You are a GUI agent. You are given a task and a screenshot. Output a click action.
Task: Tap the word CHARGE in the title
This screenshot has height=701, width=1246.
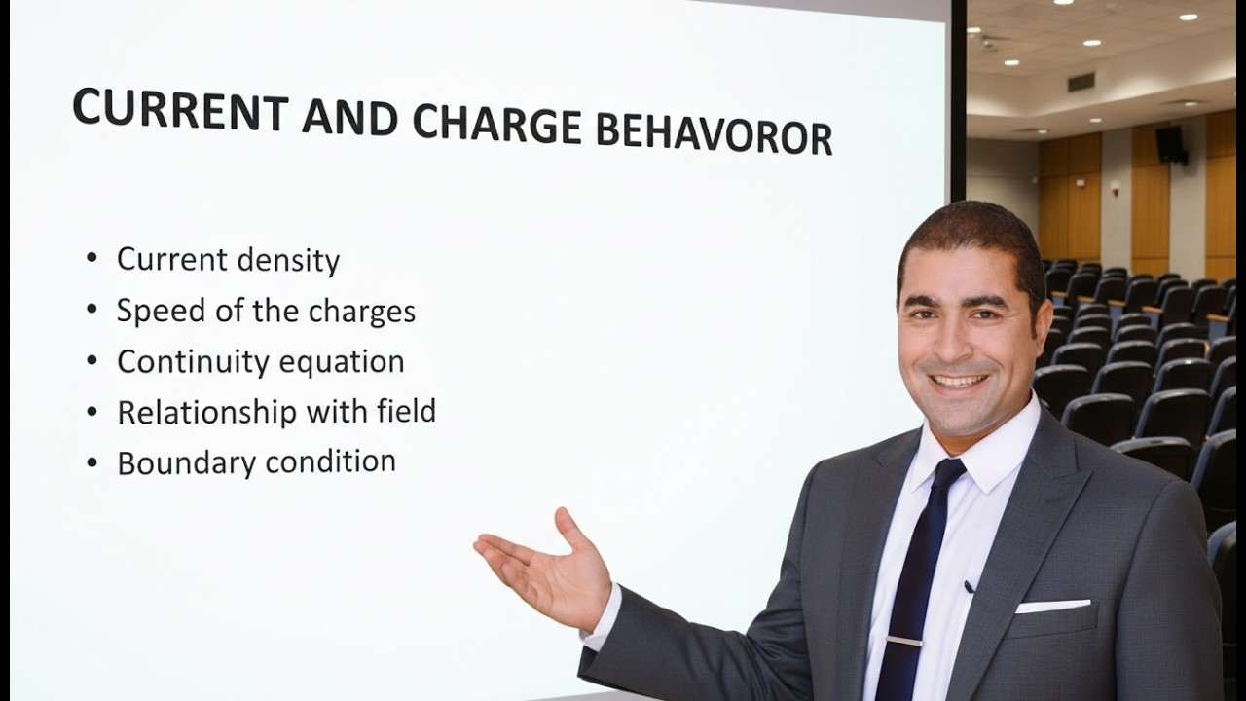tap(496, 124)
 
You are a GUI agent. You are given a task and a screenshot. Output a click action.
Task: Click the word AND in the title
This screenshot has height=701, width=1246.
tap(349, 118)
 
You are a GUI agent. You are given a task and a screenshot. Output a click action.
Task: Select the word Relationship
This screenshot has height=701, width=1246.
tap(207, 412)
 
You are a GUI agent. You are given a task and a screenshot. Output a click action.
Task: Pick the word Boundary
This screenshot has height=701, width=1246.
tap(186, 462)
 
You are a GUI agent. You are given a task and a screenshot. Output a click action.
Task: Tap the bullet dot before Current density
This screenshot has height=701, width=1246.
tap(92, 259)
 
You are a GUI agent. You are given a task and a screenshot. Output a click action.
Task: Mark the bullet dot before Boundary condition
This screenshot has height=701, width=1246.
tap(92, 461)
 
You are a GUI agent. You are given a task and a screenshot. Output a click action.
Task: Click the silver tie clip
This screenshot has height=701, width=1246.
tap(903, 641)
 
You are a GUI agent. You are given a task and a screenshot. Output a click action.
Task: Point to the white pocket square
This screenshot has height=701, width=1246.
tap(1052, 606)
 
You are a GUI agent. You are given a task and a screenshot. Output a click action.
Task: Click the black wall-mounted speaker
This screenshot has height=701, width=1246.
tap(1170, 144)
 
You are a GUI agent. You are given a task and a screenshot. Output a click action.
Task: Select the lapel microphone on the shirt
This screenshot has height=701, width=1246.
tap(970, 586)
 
